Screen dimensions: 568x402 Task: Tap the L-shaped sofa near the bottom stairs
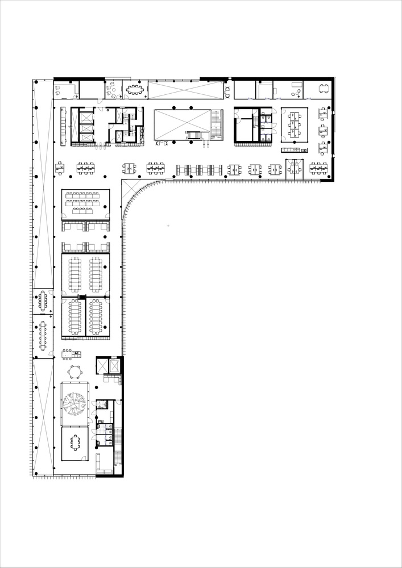click(102, 463)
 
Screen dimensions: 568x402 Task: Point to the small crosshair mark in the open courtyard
click(168, 226)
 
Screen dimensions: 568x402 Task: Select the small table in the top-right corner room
click(323, 89)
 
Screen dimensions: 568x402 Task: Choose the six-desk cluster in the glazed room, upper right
click(293, 124)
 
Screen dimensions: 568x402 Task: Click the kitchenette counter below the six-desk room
click(294, 150)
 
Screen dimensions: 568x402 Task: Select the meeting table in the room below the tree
click(75, 442)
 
